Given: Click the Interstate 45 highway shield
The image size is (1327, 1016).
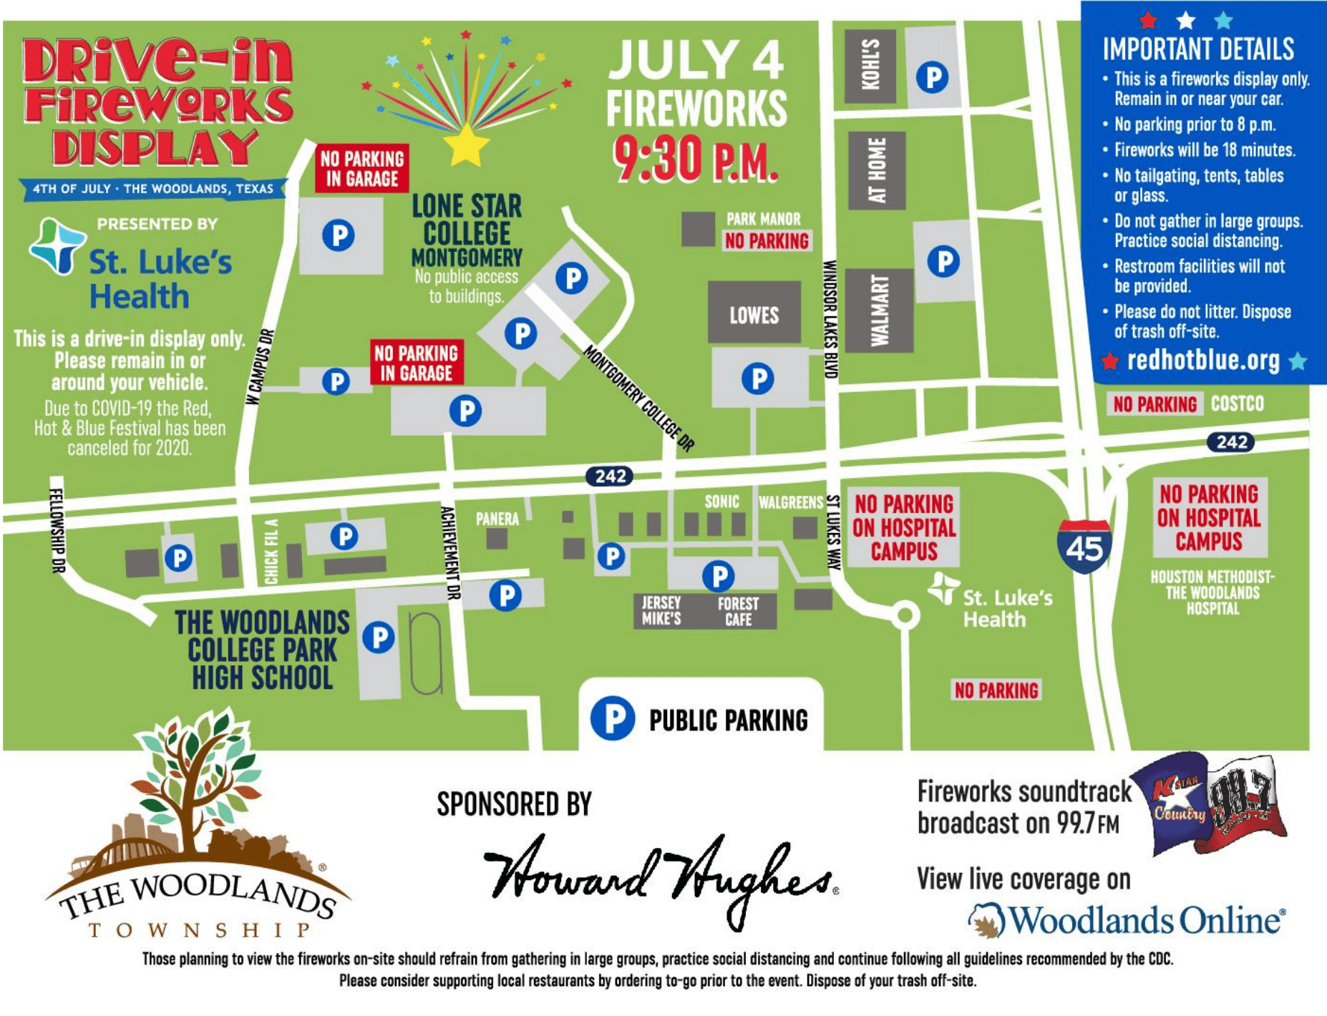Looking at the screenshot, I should (1084, 547).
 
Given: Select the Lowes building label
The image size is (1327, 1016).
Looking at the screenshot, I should (754, 315).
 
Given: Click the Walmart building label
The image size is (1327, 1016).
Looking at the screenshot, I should (879, 311).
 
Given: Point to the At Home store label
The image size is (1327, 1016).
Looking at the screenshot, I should (877, 170).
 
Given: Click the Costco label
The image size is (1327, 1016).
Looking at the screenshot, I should (1237, 404).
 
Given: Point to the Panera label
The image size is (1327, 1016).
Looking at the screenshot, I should (497, 519).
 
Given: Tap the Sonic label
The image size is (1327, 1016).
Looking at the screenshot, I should (721, 502).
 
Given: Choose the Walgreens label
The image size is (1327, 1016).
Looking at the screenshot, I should (791, 502).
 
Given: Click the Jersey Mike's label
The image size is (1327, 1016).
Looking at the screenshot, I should (661, 611).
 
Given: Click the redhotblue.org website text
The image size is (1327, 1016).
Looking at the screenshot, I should (1203, 361).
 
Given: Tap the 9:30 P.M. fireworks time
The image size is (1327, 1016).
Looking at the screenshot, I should (696, 159).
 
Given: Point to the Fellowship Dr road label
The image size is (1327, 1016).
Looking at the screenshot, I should (57, 529).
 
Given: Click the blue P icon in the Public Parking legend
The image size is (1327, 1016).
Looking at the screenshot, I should (613, 718).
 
